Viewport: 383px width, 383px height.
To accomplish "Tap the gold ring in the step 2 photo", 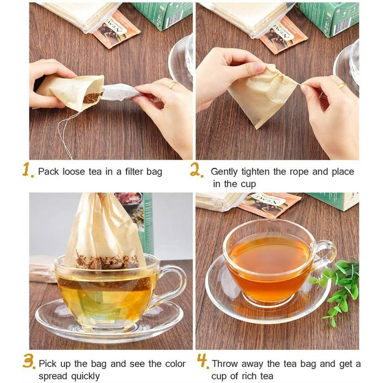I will pos(342,85).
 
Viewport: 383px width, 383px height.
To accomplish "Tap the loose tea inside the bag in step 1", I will pos(93,97).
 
